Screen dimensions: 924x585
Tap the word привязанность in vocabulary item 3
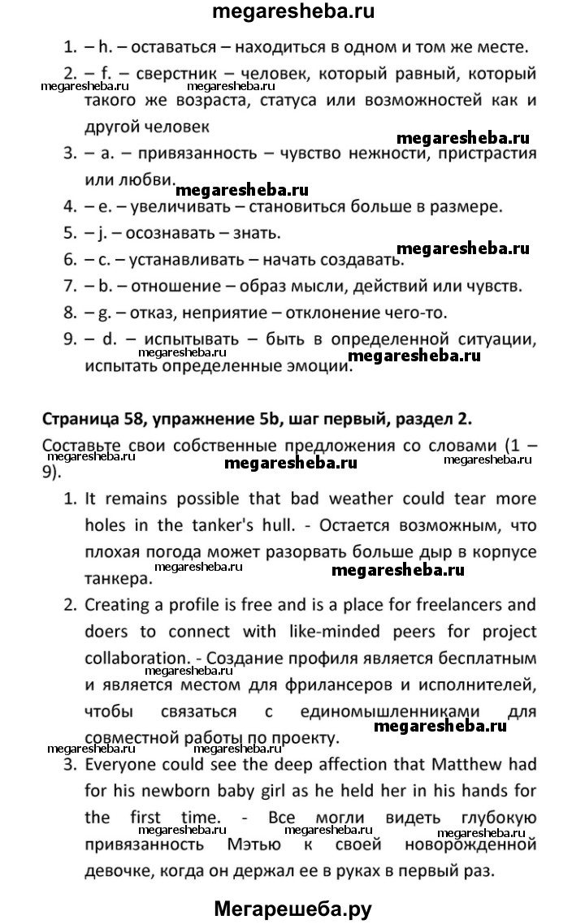click(x=194, y=153)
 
